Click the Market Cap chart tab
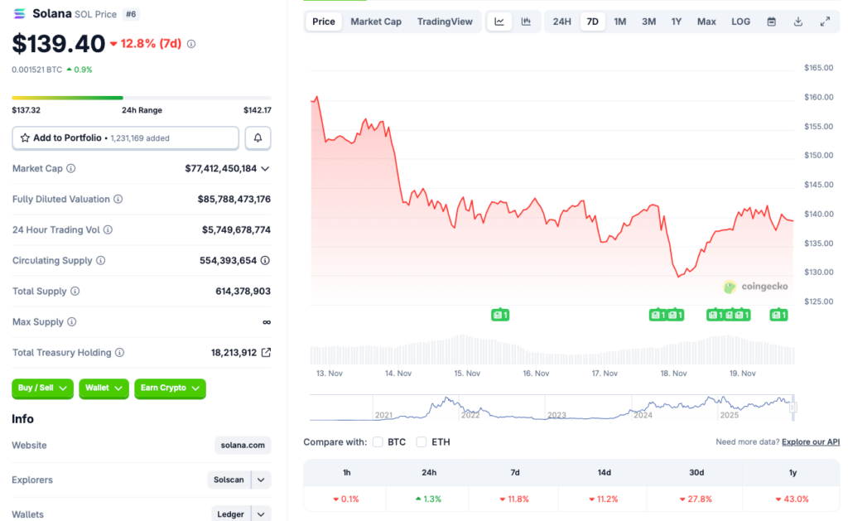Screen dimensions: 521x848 [x=376, y=22]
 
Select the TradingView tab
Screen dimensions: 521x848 [x=445, y=22]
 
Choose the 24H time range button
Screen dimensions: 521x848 [x=561, y=22]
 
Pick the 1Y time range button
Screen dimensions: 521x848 [x=677, y=22]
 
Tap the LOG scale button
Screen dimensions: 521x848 [x=740, y=22]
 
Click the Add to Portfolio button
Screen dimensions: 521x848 [x=125, y=137]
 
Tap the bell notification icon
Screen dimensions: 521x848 [x=258, y=137]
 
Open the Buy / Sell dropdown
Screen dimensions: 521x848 [x=42, y=388]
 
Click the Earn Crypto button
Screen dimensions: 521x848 [x=170, y=388]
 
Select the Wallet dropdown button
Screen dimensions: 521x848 [x=104, y=388]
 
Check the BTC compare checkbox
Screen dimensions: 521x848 [x=378, y=442]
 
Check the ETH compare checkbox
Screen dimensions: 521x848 [x=422, y=442]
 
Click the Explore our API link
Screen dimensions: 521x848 [x=810, y=442]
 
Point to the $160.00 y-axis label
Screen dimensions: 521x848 [x=818, y=97]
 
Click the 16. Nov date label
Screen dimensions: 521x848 [x=536, y=374]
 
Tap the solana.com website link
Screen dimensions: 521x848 [x=243, y=446]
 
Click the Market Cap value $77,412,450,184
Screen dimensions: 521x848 [x=220, y=168]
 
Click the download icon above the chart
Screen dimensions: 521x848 [x=797, y=22]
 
